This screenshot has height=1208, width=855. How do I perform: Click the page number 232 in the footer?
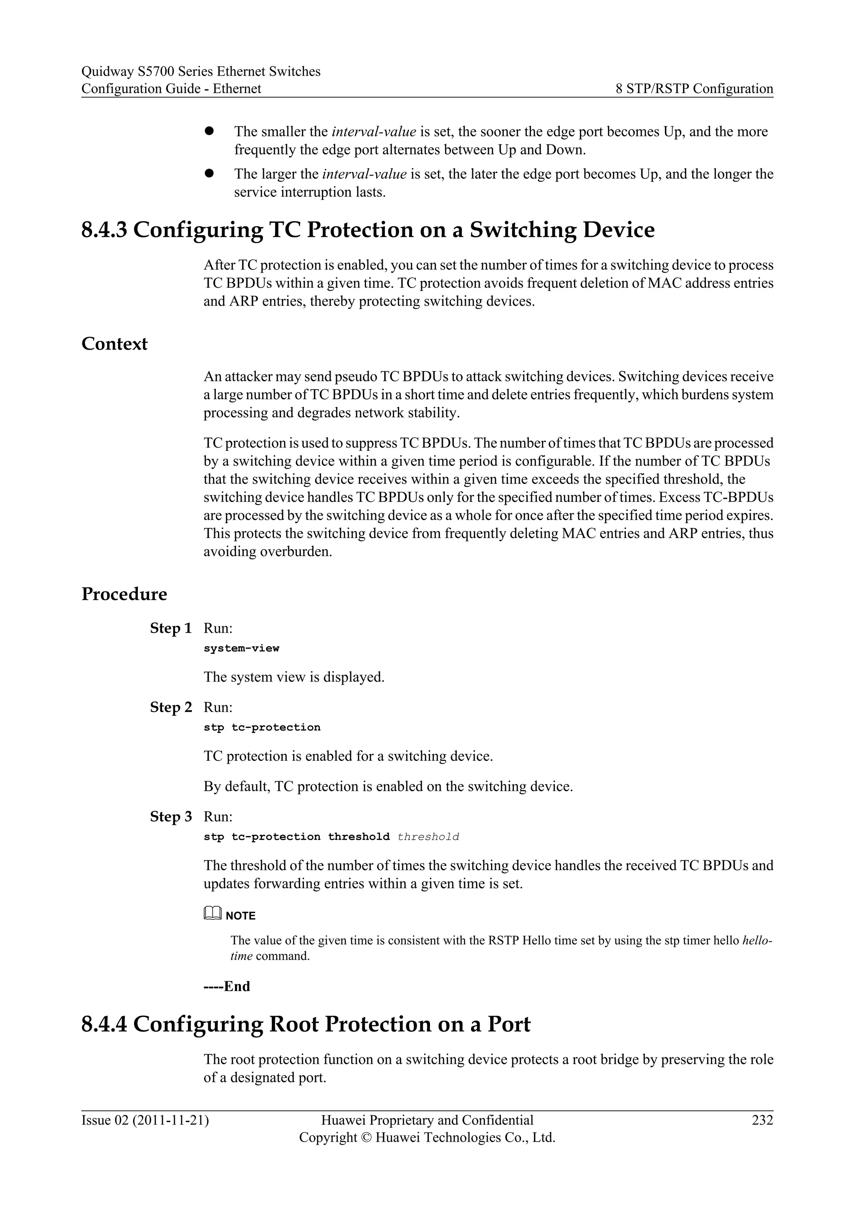(x=762, y=1120)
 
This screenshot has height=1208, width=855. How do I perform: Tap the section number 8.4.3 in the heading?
(x=104, y=230)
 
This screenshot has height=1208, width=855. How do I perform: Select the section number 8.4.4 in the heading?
(x=104, y=1024)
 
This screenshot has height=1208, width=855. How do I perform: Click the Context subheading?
(x=114, y=344)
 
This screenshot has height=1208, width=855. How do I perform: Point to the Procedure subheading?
(x=124, y=594)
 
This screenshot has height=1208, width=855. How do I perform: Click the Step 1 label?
(x=171, y=628)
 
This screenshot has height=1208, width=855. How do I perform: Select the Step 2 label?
(x=171, y=707)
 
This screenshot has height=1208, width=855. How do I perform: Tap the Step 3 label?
(x=171, y=817)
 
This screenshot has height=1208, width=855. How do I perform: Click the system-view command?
(x=241, y=648)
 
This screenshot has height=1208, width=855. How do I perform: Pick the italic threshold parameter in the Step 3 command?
(x=428, y=837)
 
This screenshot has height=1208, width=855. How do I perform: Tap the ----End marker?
(x=227, y=986)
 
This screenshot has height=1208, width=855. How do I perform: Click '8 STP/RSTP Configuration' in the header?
(x=694, y=88)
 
